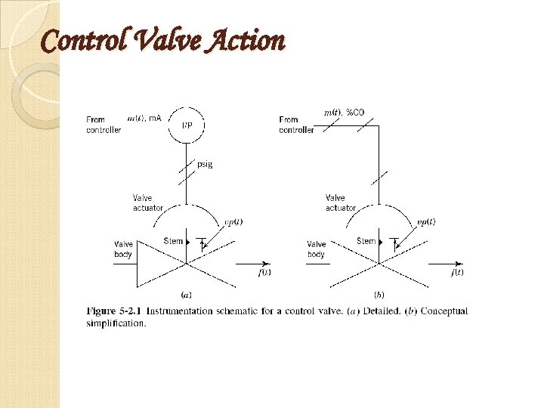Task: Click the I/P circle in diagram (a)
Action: coord(186,124)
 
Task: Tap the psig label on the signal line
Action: coord(205,164)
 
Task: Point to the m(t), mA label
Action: coord(144,118)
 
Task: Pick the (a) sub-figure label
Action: coord(185,293)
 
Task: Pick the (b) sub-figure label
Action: coord(379,293)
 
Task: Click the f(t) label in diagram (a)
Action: coord(264,272)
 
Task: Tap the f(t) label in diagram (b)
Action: coord(457,272)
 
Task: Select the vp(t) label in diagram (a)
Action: coord(233,221)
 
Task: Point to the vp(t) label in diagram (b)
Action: coord(426,221)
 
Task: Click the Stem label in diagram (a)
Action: coord(173,241)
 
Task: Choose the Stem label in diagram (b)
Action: coord(366,241)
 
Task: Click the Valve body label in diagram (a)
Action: coord(123,249)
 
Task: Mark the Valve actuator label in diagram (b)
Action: coord(341,202)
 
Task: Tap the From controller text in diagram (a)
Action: coord(104,125)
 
